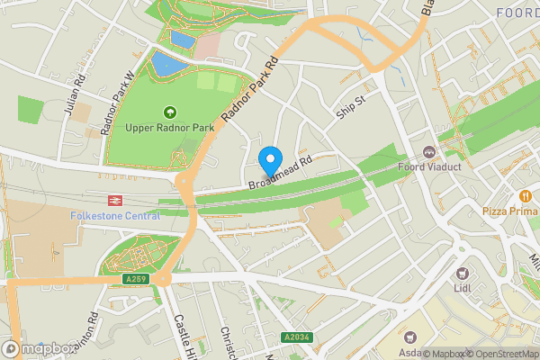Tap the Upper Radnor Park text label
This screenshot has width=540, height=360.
(x=169, y=128)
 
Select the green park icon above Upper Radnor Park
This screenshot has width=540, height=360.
(x=169, y=112)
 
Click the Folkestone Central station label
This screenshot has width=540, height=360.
(x=115, y=216)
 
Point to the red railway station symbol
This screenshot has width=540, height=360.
(x=115, y=202)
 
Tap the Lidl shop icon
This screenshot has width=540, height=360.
(x=463, y=273)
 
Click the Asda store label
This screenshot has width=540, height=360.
(x=410, y=353)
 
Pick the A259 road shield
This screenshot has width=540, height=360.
(x=135, y=280)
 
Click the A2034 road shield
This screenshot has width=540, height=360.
(x=298, y=337)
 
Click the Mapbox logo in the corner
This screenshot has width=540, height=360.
(x=37, y=347)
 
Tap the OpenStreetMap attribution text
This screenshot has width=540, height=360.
(x=503, y=354)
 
